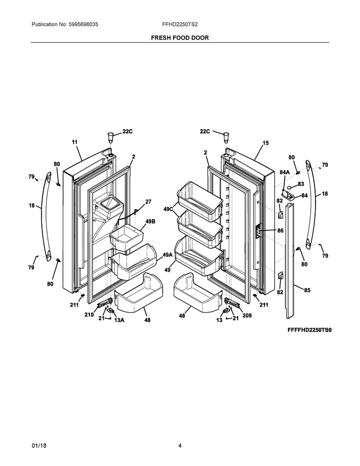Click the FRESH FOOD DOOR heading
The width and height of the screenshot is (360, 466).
click(x=179, y=38)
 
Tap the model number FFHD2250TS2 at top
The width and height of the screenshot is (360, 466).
click(x=179, y=24)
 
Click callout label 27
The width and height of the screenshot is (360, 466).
click(x=148, y=202)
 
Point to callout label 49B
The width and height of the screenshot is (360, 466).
click(x=150, y=221)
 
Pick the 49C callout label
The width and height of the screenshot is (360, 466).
click(x=168, y=209)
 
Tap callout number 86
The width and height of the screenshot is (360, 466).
click(x=281, y=230)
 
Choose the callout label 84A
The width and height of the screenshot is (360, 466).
click(x=284, y=173)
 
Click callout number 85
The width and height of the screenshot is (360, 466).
click(x=307, y=290)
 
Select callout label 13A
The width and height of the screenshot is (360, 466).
click(x=119, y=320)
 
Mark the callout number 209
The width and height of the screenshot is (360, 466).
click(x=247, y=315)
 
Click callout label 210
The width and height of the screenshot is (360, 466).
click(x=89, y=315)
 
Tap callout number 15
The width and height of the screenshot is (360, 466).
click(x=266, y=143)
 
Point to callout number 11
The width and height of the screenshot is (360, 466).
click(x=75, y=142)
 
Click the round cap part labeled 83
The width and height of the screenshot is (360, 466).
click(x=288, y=188)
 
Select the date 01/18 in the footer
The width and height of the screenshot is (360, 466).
click(x=39, y=445)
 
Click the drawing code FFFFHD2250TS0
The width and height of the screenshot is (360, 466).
click(x=310, y=330)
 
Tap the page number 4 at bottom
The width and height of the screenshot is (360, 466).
click(x=179, y=445)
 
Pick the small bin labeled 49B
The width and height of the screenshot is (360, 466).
click(x=126, y=237)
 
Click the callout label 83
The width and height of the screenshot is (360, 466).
click(x=301, y=184)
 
